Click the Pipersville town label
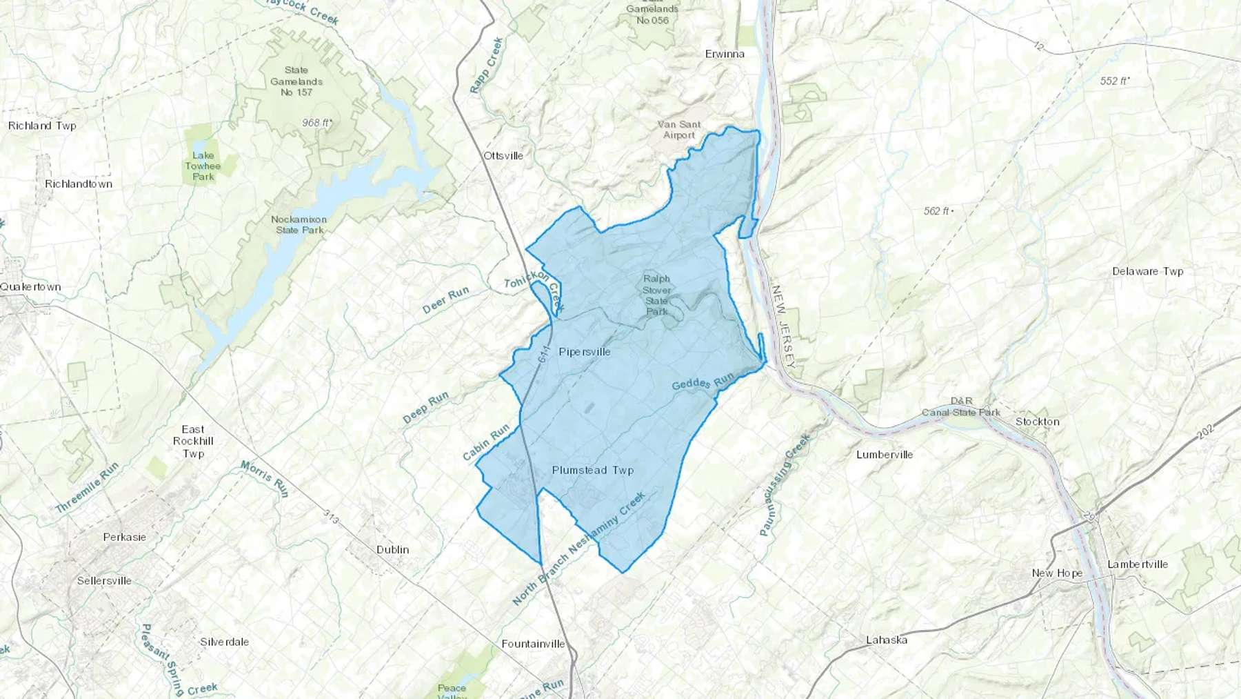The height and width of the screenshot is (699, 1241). (585, 352)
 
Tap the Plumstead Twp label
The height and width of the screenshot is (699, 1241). (592, 471)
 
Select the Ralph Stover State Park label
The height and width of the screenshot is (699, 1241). (656, 295)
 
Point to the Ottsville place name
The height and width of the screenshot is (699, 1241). (503, 156)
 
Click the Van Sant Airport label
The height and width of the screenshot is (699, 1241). (679, 130)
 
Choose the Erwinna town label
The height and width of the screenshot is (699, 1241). (725, 54)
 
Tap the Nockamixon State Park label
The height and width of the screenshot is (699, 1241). (299, 225)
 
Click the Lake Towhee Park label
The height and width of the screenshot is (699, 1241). (203, 166)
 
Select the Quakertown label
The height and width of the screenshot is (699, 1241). (30, 287)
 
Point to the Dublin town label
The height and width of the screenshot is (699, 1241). (392, 550)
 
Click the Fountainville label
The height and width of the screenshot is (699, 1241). (533, 644)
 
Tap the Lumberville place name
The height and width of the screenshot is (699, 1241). (885, 455)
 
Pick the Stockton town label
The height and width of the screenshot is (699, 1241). (1037, 422)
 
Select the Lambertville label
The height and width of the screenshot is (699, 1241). (1137, 564)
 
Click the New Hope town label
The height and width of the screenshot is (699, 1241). (1057, 573)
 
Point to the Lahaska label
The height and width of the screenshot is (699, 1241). (887, 640)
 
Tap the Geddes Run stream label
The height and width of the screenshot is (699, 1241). (703, 382)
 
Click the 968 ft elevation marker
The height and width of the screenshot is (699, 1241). (317, 123)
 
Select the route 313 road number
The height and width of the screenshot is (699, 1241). (332, 516)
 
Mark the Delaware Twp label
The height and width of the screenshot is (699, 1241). (1147, 272)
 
